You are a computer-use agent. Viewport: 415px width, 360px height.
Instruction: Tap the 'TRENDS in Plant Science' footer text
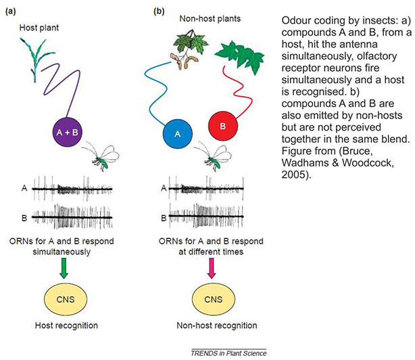click(228, 352)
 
